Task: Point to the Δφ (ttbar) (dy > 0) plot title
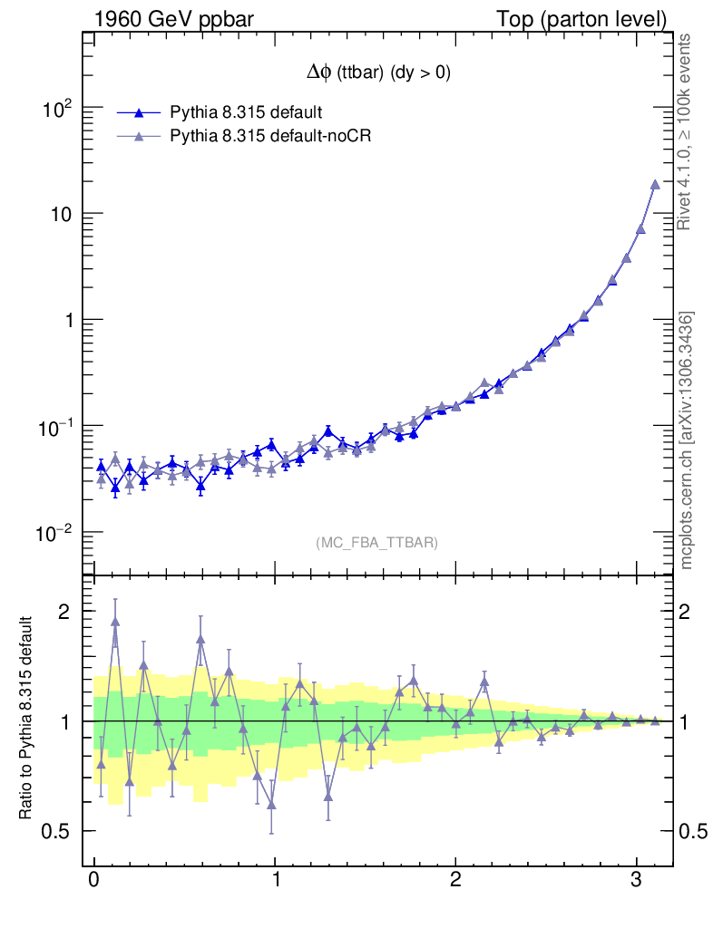coord(378,74)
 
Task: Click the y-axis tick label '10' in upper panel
coord(60,214)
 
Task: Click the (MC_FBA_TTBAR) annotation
coord(377,543)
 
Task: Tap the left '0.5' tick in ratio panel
coord(58,831)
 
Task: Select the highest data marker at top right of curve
coord(655,185)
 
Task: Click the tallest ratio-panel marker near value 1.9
coord(115,622)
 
